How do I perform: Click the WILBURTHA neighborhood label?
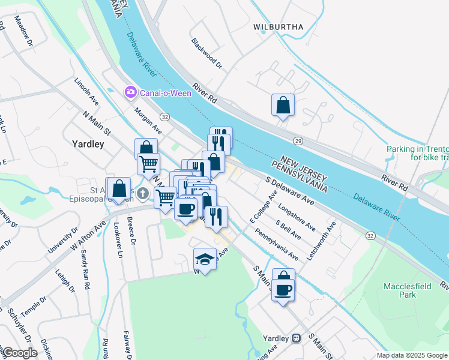click(278, 27)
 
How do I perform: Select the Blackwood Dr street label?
click(206, 53)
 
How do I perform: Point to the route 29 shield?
click(297, 140)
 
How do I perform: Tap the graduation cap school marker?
click(205, 259)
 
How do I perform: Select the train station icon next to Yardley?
click(295, 338)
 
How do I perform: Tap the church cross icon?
click(142, 193)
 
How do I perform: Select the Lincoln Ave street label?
click(86, 90)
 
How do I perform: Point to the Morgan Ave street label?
click(148, 121)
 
